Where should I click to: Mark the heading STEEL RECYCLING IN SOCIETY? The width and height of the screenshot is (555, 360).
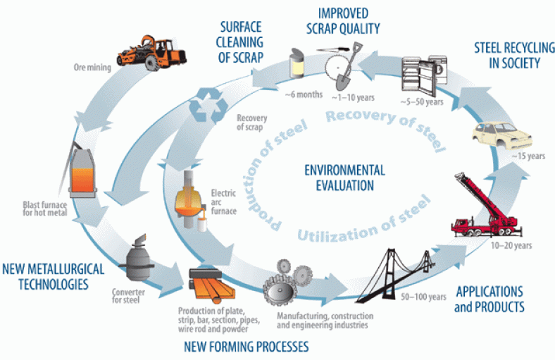coord(508,56)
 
